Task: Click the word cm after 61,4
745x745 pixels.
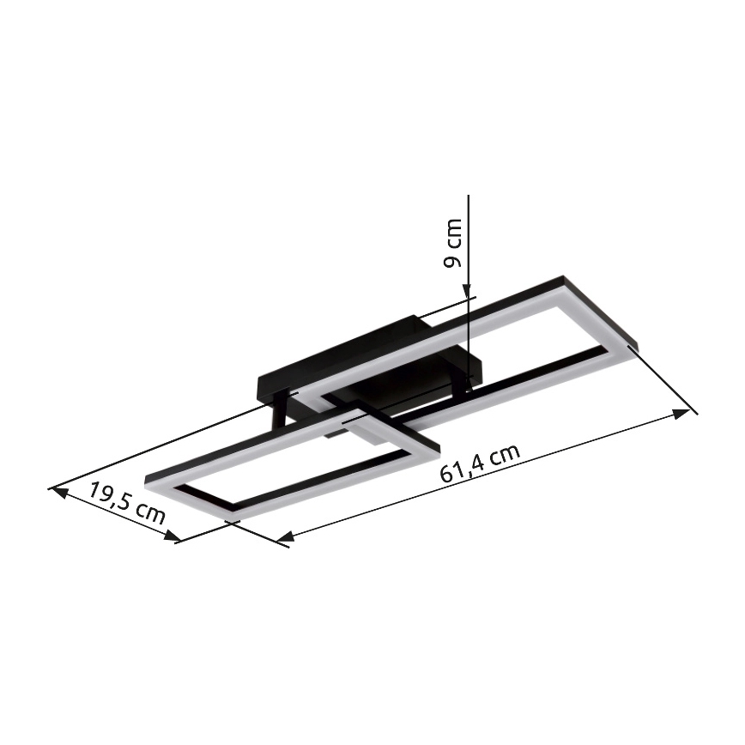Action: [504, 456]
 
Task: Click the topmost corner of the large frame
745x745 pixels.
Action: [563, 278]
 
